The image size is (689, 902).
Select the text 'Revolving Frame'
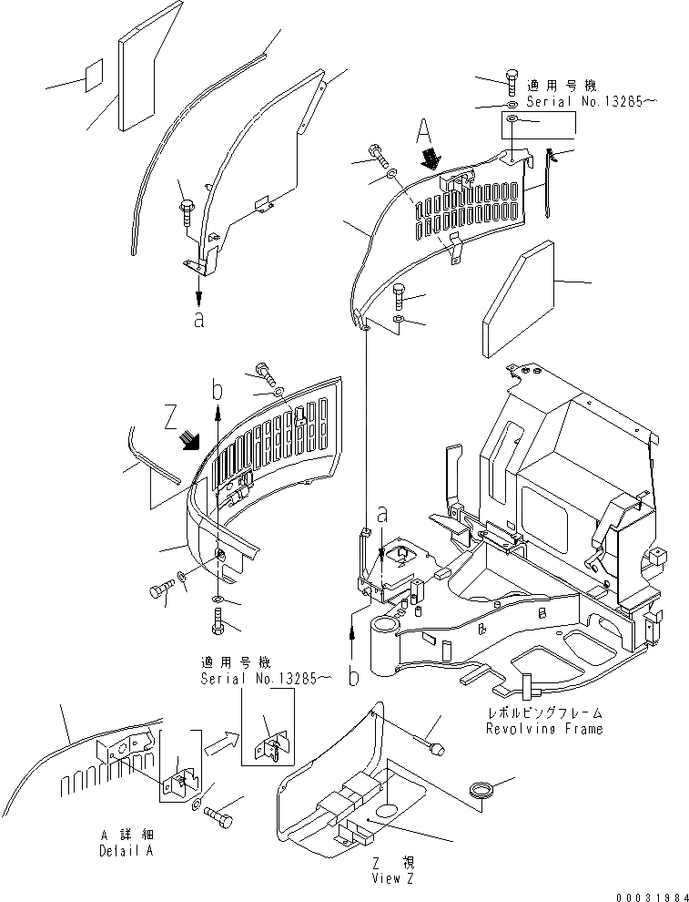click(x=532, y=729)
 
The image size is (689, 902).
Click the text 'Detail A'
click(x=126, y=850)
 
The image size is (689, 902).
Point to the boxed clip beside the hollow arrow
click(x=269, y=734)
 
